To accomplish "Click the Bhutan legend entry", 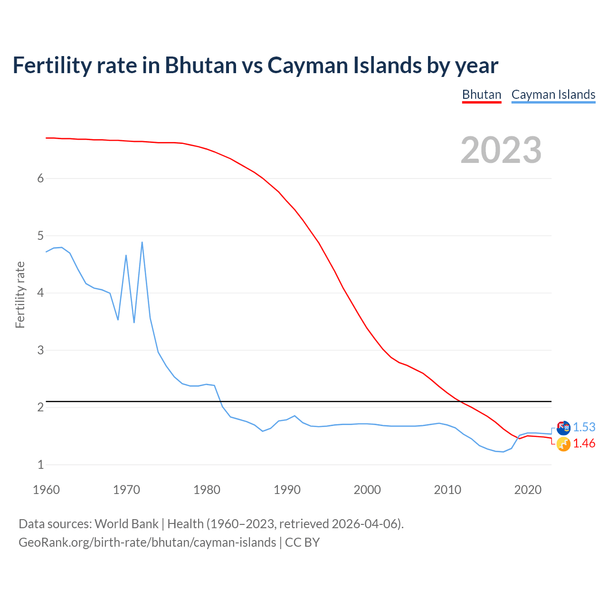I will (482, 95).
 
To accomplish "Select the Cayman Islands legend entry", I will (553, 95).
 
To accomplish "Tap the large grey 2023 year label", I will (501, 150).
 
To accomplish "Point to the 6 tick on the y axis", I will (40, 178).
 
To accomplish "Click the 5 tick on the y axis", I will (40, 236).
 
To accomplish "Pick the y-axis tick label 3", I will (40, 350).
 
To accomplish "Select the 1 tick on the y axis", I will (40, 465).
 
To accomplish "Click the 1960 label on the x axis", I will (46, 490).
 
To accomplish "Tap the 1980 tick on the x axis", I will (207, 490).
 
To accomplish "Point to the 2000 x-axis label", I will (367, 490).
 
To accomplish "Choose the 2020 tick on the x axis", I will (527, 490).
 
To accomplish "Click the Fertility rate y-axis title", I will (20, 294).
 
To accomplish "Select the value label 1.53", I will (584, 427).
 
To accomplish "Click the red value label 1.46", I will (584, 443).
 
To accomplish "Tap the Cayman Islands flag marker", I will (563, 428).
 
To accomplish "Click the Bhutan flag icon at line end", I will (563, 444).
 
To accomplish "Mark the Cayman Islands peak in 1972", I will (142, 242).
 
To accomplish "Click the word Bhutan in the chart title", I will (201, 65).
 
